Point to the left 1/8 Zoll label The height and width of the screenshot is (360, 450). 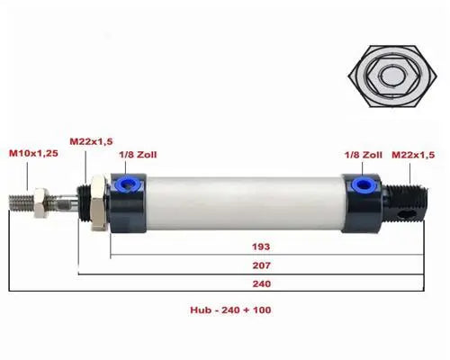137,154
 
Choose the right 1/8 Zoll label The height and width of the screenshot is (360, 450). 363,154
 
